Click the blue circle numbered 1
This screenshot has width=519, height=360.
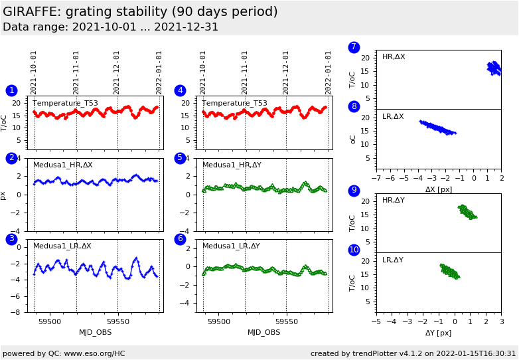point(11,90)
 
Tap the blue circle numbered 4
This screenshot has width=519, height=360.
point(180,90)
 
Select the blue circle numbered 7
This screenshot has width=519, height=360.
point(354,47)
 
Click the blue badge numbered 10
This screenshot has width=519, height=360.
point(354,250)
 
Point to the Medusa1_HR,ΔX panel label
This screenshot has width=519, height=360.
point(63,165)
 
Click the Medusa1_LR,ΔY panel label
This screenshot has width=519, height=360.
point(231,246)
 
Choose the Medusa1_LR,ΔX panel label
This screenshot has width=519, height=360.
point(62,246)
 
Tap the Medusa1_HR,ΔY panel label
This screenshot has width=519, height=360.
point(232,165)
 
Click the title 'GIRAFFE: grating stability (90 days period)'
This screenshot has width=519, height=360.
point(140,12)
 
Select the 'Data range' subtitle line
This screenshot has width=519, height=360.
point(110,27)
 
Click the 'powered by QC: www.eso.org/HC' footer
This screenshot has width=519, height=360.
point(64,353)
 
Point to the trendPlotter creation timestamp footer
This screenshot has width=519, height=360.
point(413,353)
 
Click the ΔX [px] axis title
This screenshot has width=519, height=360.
point(438,189)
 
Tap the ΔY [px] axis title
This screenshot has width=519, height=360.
point(438,333)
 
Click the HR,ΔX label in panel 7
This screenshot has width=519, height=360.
point(394,57)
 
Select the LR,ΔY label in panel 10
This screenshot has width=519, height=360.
point(393,260)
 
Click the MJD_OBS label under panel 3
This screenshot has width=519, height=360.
point(96,332)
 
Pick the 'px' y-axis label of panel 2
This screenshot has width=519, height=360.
point(4,195)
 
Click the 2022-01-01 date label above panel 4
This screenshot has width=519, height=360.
point(328,72)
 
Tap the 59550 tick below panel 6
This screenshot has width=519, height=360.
point(286,321)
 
